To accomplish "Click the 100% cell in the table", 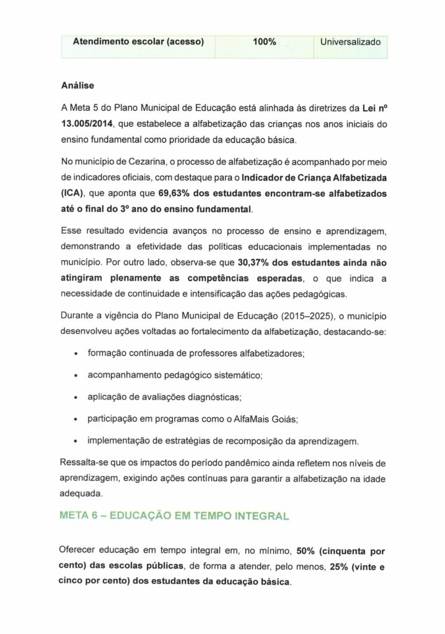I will tap(264, 42).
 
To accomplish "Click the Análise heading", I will tap(77, 85).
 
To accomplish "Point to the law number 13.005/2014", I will tap(87, 123).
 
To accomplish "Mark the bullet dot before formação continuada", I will tap(75, 354).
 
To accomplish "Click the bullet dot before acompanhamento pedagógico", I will tap(75, 376).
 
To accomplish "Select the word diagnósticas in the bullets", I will tap(214, 397).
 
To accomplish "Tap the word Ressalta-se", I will tap(86, 463).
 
